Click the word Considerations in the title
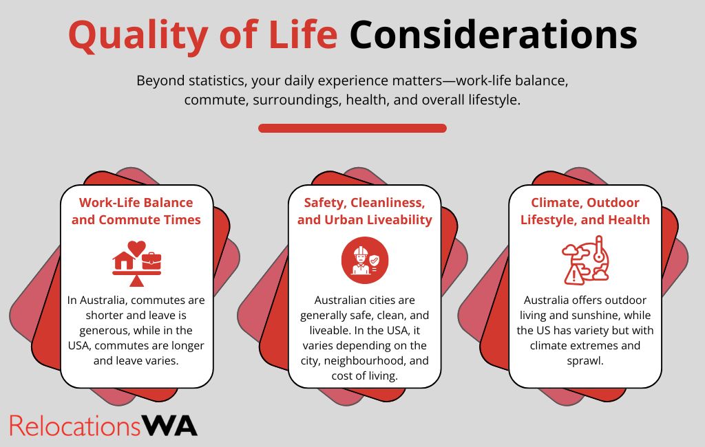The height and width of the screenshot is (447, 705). pyautogui.click(x=493, y=35)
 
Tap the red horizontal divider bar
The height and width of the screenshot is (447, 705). pyautogui.click(x=352, y=128)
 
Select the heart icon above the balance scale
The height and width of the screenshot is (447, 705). pyautogui.click(x=137, y=248)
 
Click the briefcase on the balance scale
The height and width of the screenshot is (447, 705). pyautogui.click(x=151, y=261)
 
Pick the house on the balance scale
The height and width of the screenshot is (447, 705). pyautogui.click(x=124, y=261)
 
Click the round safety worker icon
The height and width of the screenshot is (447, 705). pyautogui.click(x=365, y=260)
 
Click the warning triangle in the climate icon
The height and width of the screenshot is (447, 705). pyautogui.click(x=574, y=274)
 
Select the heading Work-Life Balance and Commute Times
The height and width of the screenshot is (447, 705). pyautogui.click(x=136, y=211)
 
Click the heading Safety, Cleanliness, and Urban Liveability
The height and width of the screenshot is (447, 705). pyautogui.click(x=365, y=211)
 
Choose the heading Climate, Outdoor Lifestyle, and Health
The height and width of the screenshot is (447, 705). pyautogui.click(x=585, y=211)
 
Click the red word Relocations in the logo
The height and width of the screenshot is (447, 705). pyautogui.click(x=75, y=426)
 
